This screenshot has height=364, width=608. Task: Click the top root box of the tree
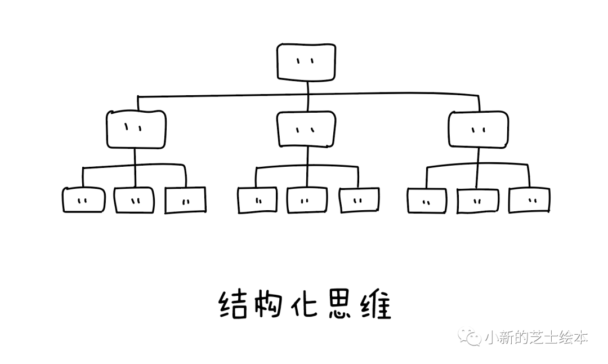pos(306,61)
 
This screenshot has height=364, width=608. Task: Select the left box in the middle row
pos(136,130)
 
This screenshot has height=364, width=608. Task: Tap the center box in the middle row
pos(306,130)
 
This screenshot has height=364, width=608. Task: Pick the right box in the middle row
pos(478,130)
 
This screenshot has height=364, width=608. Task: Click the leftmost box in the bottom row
pos(83,200)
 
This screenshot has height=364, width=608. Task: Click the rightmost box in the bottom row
pos(529,200)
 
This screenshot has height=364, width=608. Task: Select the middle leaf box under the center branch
pos(307,200)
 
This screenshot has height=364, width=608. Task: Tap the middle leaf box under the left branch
pos(134,200)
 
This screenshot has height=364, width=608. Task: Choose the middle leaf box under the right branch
pos(478,200)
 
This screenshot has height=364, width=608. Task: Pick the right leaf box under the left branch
pos(185,200)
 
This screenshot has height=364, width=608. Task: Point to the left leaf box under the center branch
pos(257,200)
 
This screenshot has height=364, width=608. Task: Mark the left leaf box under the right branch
pos(427,200)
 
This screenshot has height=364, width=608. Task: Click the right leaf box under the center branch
pos(359,200)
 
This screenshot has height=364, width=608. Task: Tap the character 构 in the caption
pos(269,305)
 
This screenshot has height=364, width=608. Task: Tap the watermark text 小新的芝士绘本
pos(536,337)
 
